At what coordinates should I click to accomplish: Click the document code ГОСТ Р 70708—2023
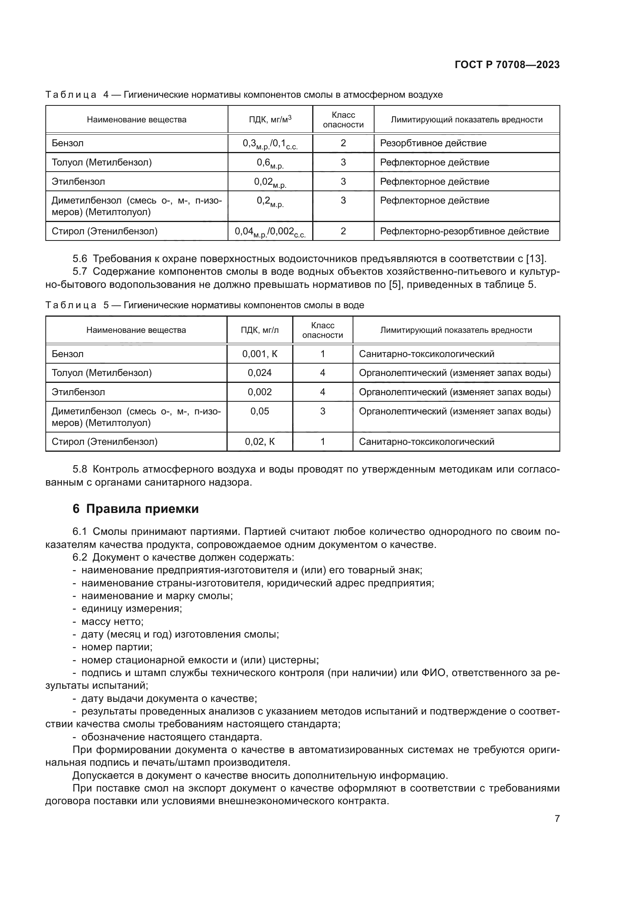507,65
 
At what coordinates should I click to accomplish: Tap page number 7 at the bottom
557,818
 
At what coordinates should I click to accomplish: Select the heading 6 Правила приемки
135,509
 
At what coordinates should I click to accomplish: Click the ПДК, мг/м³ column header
270,120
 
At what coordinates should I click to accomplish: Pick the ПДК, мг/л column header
260,330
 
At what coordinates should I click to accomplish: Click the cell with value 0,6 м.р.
270,163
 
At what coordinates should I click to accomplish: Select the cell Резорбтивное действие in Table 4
433,143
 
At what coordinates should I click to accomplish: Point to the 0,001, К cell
260,354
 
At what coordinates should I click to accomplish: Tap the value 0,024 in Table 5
260,373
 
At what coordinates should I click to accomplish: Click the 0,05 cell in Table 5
260,411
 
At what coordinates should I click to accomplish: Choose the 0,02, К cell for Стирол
260,442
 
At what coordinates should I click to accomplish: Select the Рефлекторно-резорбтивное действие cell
465,231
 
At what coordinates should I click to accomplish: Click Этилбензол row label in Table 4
78,182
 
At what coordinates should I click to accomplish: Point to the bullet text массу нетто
112,622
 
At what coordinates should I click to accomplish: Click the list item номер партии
117,647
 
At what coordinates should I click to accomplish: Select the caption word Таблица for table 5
71,305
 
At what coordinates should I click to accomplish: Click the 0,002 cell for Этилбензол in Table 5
260,392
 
